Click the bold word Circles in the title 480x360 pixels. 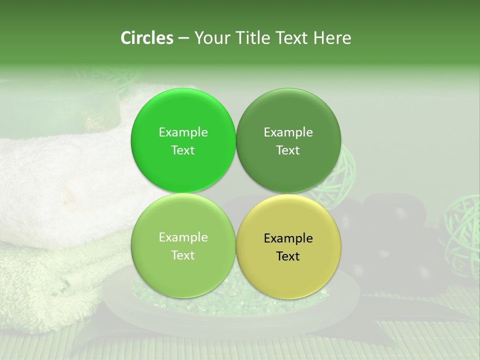tap(147, 38)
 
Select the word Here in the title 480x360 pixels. tap(332, 38)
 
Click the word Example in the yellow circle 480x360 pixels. tap(288, 238)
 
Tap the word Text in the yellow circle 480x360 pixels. tap(288, 256)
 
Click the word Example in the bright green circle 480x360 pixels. tap(183, 132)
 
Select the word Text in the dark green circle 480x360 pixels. tap(288, 150)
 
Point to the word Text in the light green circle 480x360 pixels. tap(183, 255)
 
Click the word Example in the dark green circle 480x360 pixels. tap(288, 132)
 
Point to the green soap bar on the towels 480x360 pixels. tap(65, 112)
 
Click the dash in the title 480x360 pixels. tap(183, 38)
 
